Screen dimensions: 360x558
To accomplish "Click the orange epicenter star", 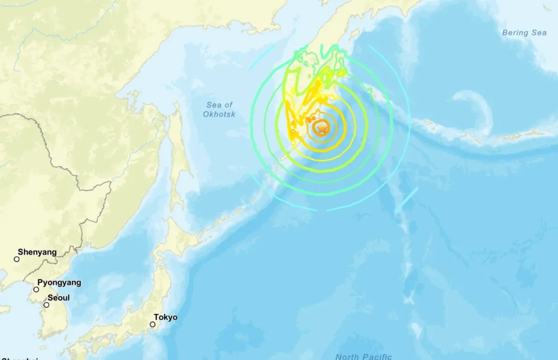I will click(322, 127).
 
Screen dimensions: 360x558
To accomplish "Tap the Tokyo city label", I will click(165, 318).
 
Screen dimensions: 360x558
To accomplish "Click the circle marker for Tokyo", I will click(152, 325).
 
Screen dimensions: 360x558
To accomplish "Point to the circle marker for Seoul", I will click(46, 305).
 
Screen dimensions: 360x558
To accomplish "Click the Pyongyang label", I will click(59, 282).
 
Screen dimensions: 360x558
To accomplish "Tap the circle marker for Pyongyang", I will click(36, 289).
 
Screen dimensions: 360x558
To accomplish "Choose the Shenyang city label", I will click(37, 252).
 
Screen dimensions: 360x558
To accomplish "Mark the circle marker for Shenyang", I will click(17, 259).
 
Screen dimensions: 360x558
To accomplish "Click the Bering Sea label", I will click(524, 33).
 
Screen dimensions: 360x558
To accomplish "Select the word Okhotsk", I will click(219, 114).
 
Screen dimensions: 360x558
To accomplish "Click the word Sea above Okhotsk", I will click(213, 106).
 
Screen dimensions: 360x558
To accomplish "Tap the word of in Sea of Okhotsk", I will click(228, 106).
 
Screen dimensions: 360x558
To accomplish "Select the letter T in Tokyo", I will click(156, 318).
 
